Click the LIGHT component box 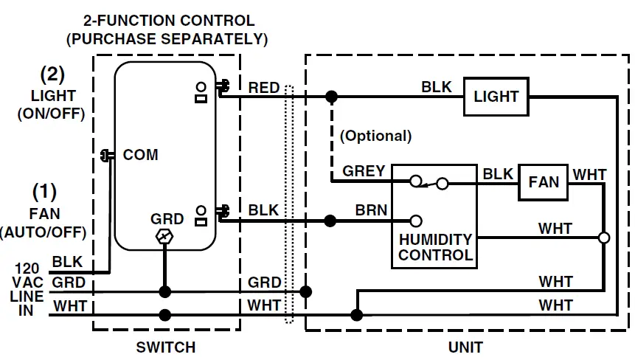(x=496, y=97)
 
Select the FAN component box (x=543, y=182)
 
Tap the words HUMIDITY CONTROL (x=435, y=247)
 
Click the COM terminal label (x=141, y=155)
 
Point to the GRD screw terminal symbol (x=164, y=237)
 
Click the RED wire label (x=263, y=88)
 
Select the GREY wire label (x=364, y=171)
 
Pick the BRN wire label (x=372, y=210)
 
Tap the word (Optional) (x=376, y=136)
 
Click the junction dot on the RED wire (x=331, y=97)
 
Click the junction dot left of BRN (x=330, y=221)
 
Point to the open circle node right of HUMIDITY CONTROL (x=604, y=238)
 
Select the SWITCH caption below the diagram (x=166, y=347)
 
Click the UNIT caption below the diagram (x=465, y=347)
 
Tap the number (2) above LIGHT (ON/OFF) (x=52, y=74)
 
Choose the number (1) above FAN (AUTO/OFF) (x=44, y=192)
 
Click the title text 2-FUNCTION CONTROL (x=169, y=21)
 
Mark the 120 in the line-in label (x=27, y=269)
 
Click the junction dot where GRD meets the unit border (x=306, y=291)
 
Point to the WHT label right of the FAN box (x=589, y=175)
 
